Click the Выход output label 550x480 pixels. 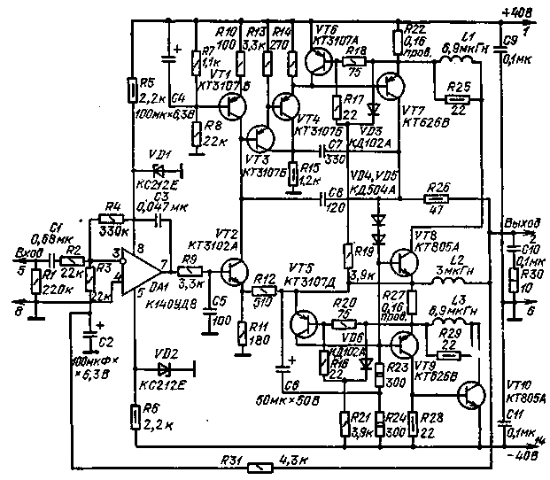tap(517, 222)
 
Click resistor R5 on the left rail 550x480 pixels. tap(132, 89)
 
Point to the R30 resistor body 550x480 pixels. tap(513, 282)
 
